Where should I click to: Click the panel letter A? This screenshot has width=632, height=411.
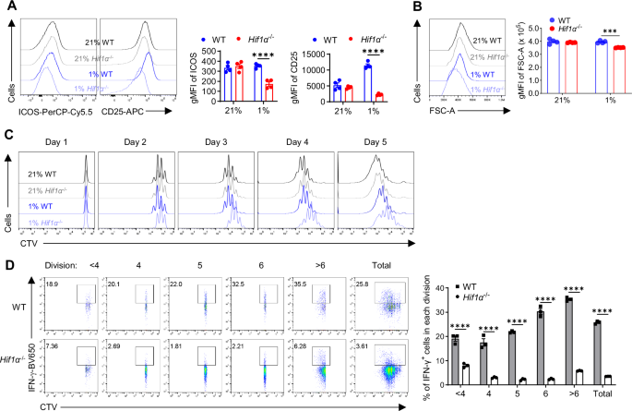9,8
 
